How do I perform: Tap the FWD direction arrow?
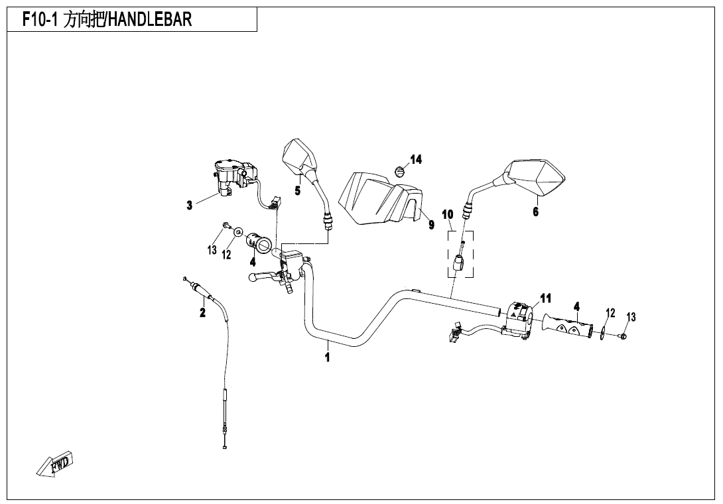click(x=56, y=464)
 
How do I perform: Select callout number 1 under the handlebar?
click(x=327, y=357)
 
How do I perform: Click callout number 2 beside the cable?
click(x=202, y=312)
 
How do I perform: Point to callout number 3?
click(x=190, y=206)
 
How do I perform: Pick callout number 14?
click(x=416, y=159)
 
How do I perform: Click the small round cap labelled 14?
click(x=398, y=170)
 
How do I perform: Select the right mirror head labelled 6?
click(x=539, y=177)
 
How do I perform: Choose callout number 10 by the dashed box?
click(x=448, y=214)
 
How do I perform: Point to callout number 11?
click(x=545, y=298)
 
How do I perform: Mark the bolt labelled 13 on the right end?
click(x=624, y=337)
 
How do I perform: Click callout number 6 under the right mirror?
click(x=535, y=212)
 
